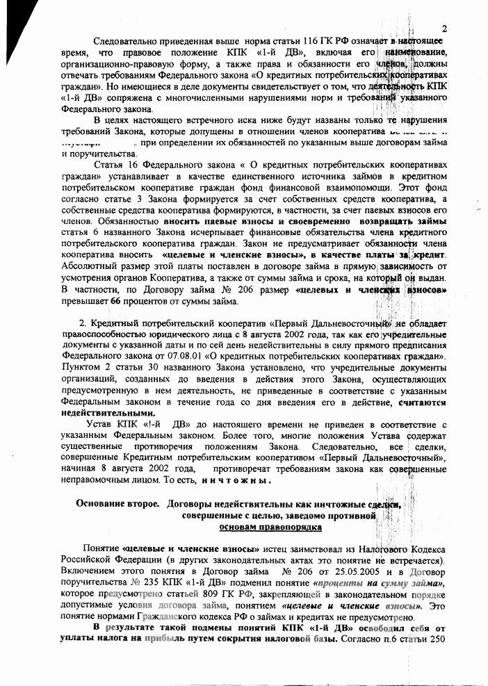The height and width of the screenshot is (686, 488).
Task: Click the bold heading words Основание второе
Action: point(118,505)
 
